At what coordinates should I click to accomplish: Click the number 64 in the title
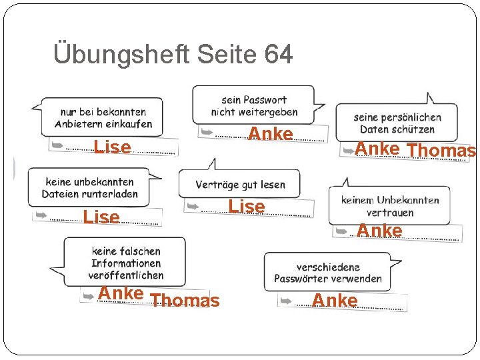tap(278, 55)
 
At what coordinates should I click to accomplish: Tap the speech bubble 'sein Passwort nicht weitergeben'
tap(254, 105)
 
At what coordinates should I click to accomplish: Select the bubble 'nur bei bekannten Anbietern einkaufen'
tap(103, 118)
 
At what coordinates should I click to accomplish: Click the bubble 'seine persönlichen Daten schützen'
tap(397, 123)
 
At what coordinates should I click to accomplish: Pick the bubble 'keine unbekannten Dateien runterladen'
tap(89, 187)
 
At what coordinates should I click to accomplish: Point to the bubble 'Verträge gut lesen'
tap(240, 184)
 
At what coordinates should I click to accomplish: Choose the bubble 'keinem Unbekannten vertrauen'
tap(390, 206)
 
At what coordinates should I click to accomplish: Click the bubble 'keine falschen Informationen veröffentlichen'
tap(126, 263)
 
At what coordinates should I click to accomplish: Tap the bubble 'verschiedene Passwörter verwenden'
tap(328, 273)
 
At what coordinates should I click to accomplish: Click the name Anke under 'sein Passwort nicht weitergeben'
tap(271, 134)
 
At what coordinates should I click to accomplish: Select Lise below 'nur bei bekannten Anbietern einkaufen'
tap(113, 147)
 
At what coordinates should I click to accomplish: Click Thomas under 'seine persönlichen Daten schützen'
tap(441, 151)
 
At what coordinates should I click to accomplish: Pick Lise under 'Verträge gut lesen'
tap(247, 207)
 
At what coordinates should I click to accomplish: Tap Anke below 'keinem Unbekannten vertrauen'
tap(379, 231)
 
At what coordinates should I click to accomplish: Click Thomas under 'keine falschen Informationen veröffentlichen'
tap(185, 301)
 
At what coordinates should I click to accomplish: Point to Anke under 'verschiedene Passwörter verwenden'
tap(335, 301)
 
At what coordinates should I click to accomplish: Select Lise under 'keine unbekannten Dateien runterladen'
tap(101, 217)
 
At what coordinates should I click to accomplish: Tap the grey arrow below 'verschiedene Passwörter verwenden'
tap(286, 301)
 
